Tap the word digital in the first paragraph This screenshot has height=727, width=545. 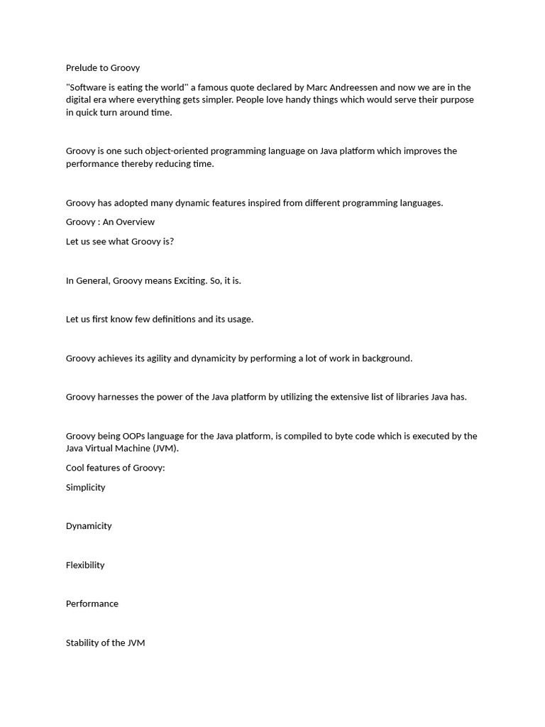click(79, 100)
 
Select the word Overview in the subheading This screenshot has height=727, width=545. click(136, 222)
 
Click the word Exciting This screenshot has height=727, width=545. click(189, 280)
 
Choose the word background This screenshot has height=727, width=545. click(386, 359)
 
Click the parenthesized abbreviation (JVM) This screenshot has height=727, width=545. click(165, 449)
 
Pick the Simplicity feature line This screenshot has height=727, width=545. click(85, 488)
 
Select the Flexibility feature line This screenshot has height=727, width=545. click(85, 565)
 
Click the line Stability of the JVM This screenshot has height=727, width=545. click(105, 643)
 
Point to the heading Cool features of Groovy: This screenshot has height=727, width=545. click(115, 468)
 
